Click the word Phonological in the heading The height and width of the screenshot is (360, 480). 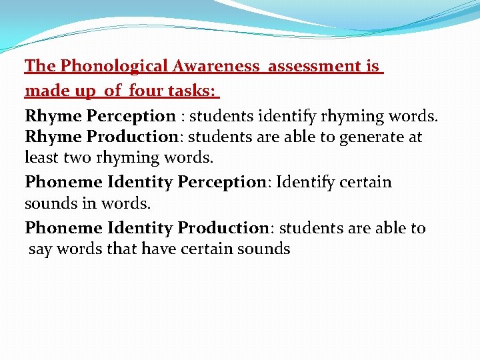tap(113, 66)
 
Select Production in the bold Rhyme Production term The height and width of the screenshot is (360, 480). tap(133, 137)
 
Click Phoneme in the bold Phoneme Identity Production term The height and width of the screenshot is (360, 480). tap(63, 228)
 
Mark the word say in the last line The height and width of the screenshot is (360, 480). tap(40, 249)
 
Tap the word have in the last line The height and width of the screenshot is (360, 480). tap(157, 249)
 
